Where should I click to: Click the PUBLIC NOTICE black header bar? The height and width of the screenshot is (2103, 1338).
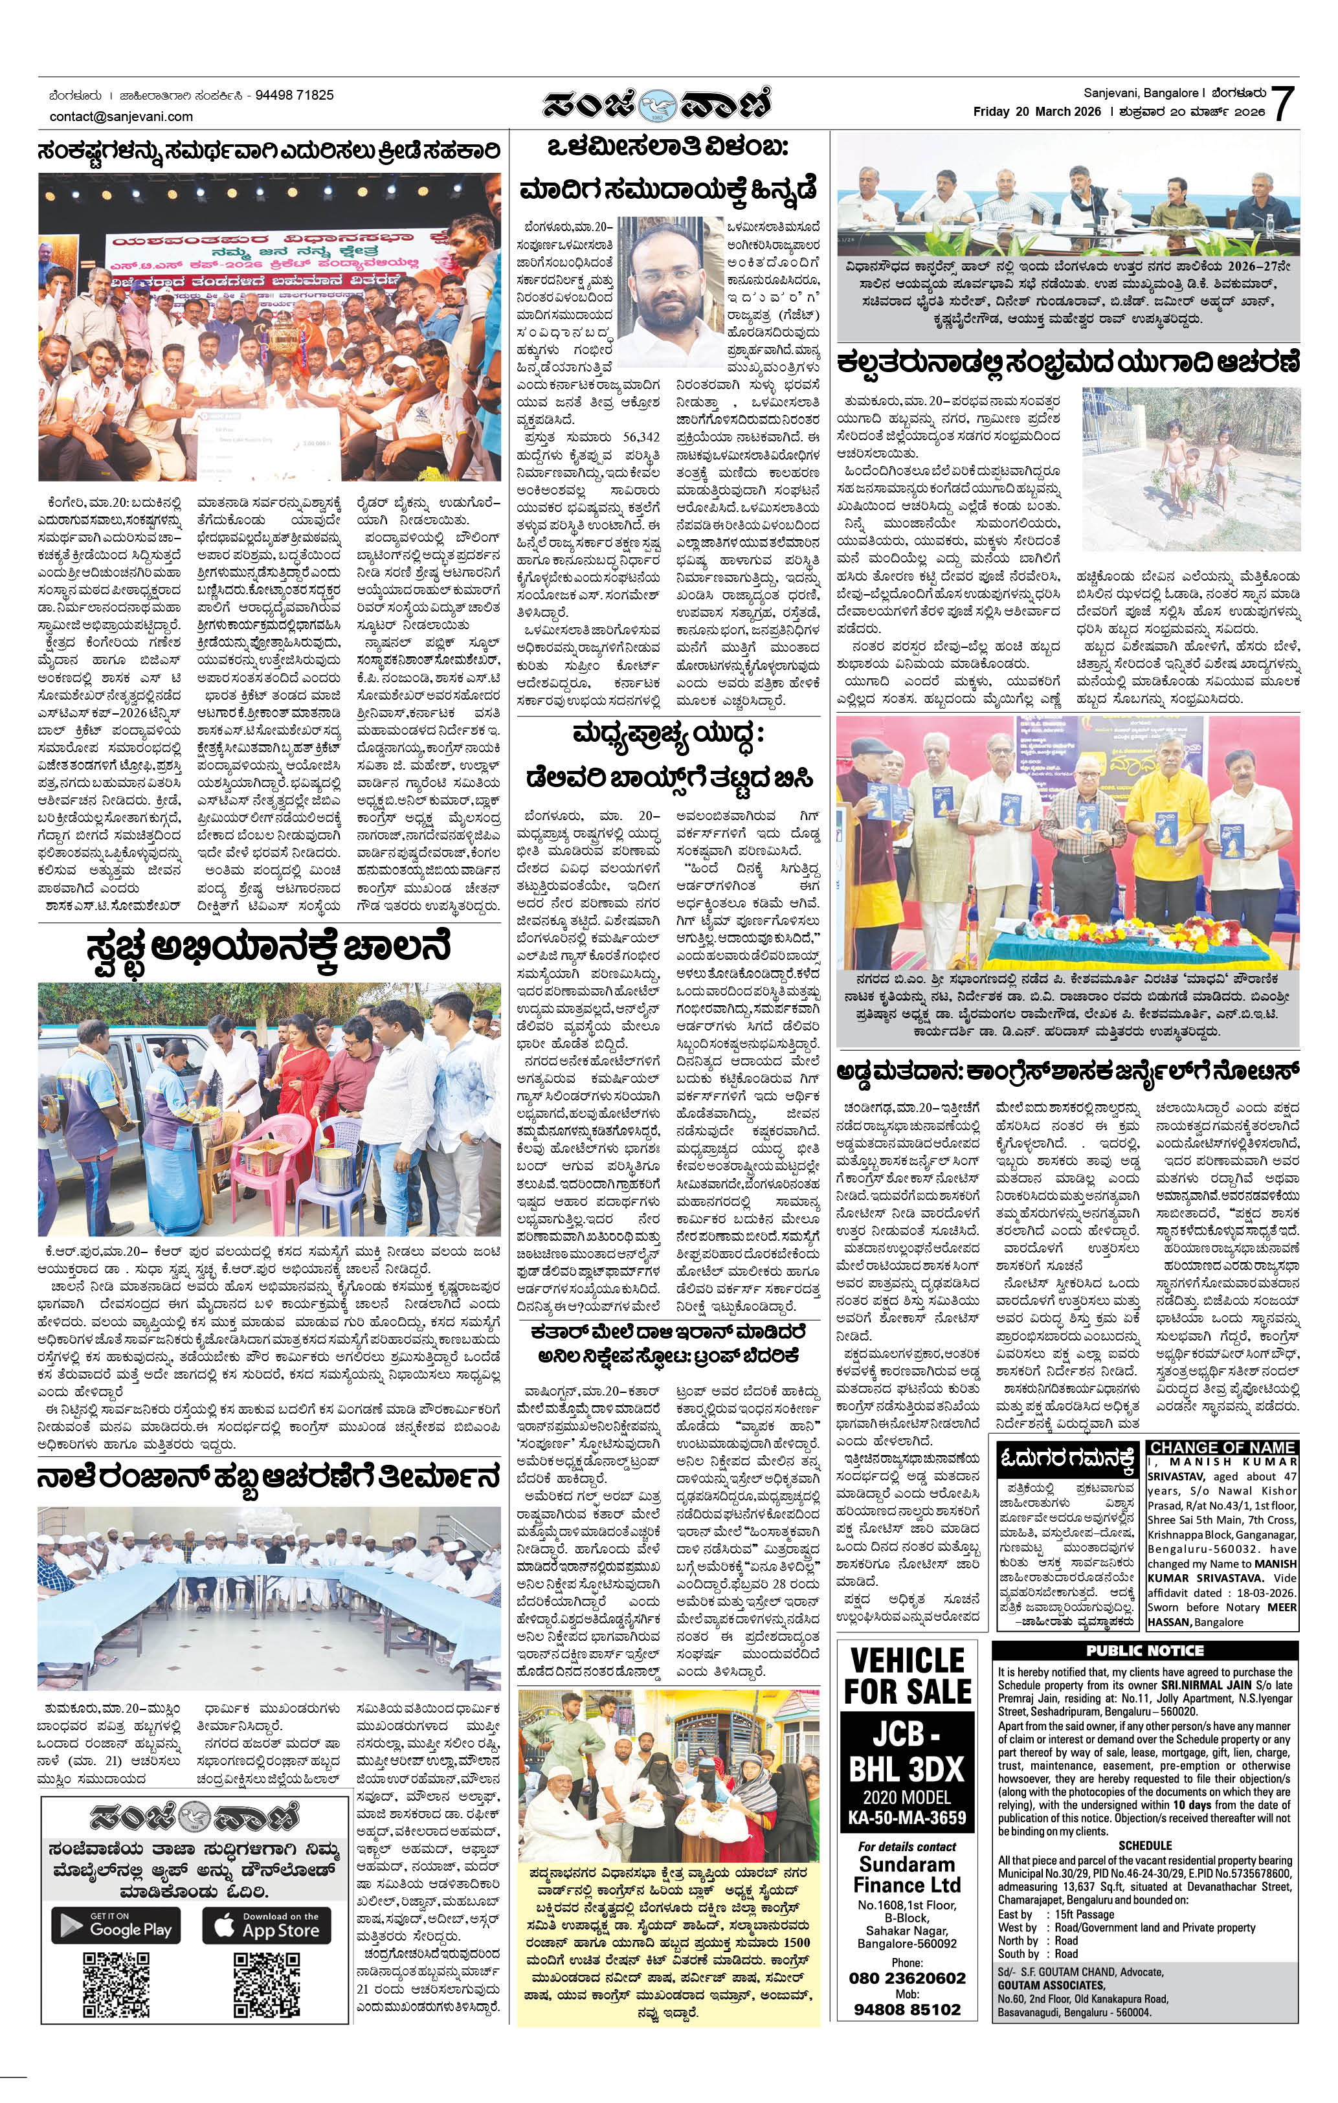pyautogui.click(x=1144, y=1650)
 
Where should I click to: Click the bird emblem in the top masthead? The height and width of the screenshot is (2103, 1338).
pyautogui.click(x=657, y=105)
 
